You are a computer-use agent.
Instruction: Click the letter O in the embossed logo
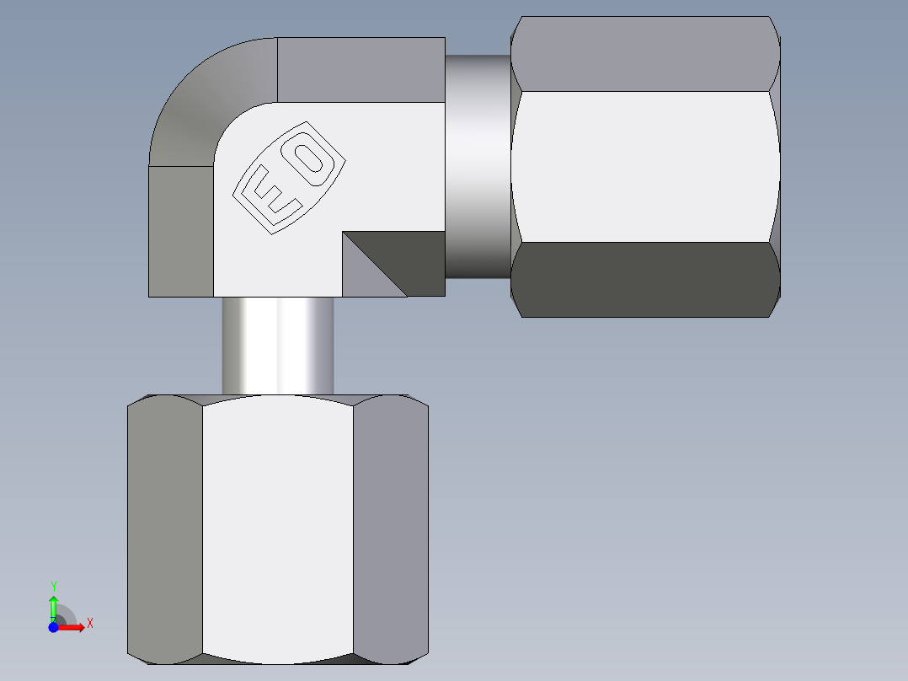pos(312,158)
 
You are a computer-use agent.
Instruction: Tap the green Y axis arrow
pos(53,606)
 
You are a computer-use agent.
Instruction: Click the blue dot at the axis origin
pos(52,627)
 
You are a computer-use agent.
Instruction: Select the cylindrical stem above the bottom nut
pos(277,346)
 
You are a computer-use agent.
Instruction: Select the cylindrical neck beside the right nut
pos(477,166)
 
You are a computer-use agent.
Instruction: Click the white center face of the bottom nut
pos(278,527)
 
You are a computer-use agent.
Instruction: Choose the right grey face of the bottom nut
pos(391,527)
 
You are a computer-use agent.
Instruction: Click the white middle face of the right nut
pos(644,166)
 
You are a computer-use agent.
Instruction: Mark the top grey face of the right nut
pos(644,53)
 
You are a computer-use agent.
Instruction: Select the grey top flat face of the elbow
pos(361,69)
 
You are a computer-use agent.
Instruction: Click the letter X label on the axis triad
pos(90,624)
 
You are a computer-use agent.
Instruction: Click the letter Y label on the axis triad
pos(53,585)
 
